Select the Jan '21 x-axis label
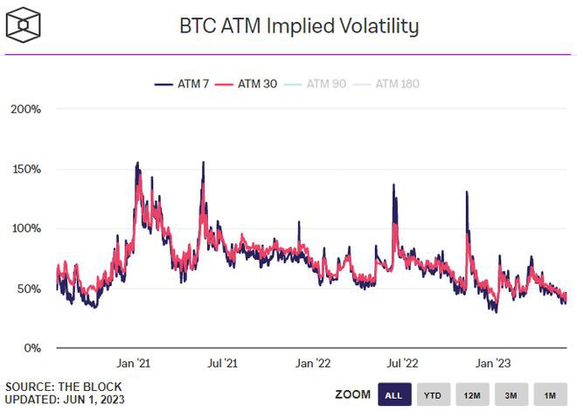(135, 362)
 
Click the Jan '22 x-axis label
(312, 362)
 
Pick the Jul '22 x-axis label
(400, 362)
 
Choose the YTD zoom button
(433, 395)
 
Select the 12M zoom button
(472, 395)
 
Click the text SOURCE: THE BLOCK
(63, 386)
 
